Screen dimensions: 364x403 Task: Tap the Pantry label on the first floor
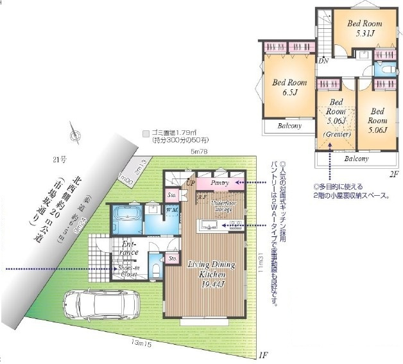pos(219,183)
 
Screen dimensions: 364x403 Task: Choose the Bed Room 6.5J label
pos(289,87)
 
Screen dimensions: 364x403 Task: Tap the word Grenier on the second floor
pos(337,135)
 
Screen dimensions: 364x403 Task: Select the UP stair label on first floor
pos(191,183)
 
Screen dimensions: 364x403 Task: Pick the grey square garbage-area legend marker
pos(146,134)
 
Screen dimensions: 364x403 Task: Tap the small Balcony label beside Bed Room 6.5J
pos(289,126)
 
